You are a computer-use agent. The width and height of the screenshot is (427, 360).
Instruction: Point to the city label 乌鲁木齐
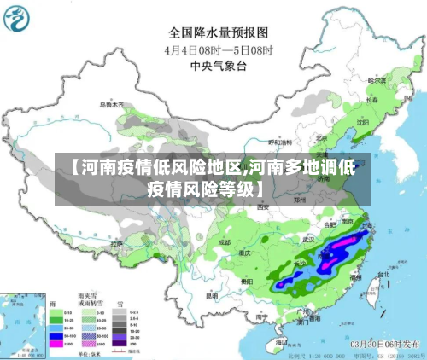113,105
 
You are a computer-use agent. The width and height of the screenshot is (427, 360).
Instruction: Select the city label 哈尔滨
377,81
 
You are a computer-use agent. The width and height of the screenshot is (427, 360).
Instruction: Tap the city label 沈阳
363,122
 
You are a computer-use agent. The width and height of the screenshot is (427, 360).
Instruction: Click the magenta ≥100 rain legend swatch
65,346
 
